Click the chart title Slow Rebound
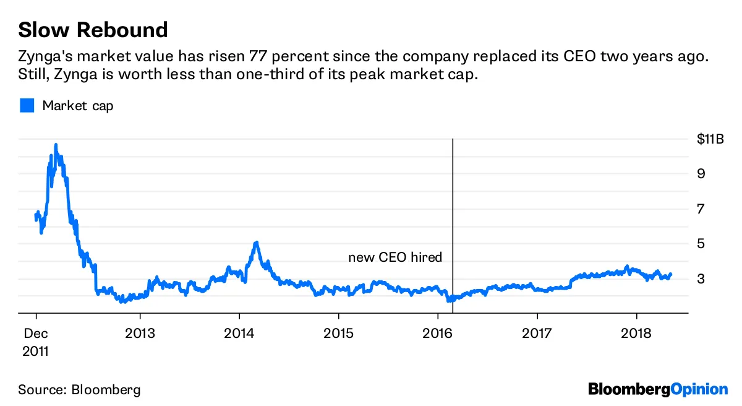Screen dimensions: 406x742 pos(93,30)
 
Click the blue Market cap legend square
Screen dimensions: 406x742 pos(27,106)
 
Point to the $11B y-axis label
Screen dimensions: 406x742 pos(709,139)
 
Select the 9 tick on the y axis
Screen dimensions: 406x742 pos(701,174)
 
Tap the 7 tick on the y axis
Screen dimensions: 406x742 pos(701,209)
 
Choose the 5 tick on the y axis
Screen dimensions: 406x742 pos(701,244)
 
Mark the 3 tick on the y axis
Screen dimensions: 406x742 pos(701,279)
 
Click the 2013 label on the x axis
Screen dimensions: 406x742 pos(140,332)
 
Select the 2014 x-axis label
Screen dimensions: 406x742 pos(239,332)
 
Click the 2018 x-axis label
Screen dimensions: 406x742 pos(636,332)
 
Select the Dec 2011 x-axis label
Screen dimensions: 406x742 pos(36,341)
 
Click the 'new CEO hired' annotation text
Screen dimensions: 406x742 pos(395,257)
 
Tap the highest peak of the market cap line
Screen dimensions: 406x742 pos(56,145)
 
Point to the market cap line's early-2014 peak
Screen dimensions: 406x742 pos(256,242)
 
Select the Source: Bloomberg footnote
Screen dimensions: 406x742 pos(79,390)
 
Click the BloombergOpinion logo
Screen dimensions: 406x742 pos(658,389)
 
